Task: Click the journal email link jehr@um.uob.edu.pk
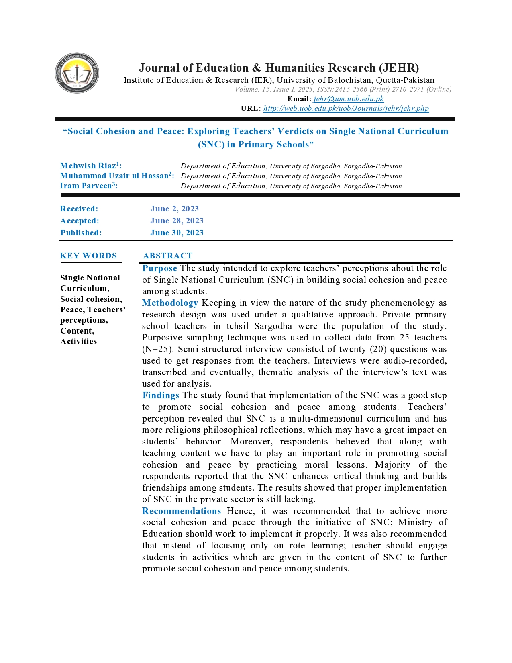[x=349, y=99]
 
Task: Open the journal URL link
[x=346, y=108]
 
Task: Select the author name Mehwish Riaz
[x=88, y=166]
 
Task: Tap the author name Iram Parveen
[x=86, y=186]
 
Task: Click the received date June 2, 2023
[x=174, y=209]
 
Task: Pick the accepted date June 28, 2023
[x=177, y=221]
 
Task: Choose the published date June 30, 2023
[x=177, y=233]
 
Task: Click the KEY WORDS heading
[x=88, y=256]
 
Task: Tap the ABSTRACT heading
[x=167, y=256]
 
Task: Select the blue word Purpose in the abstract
[x=159, y=268]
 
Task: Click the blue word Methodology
[x=170, y=303]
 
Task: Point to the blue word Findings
[x=161, y=395]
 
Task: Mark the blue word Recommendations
[x=182, y=511]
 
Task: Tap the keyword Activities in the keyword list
[x=78, y=342]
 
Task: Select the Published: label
[x=81, y=233]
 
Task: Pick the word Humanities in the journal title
[x=294, y=68]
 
